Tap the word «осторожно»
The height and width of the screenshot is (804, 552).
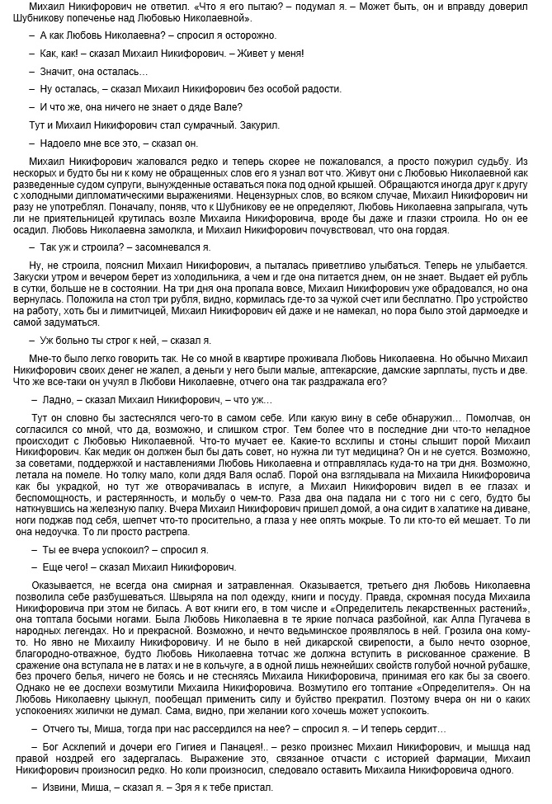click(x=248, y=36)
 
